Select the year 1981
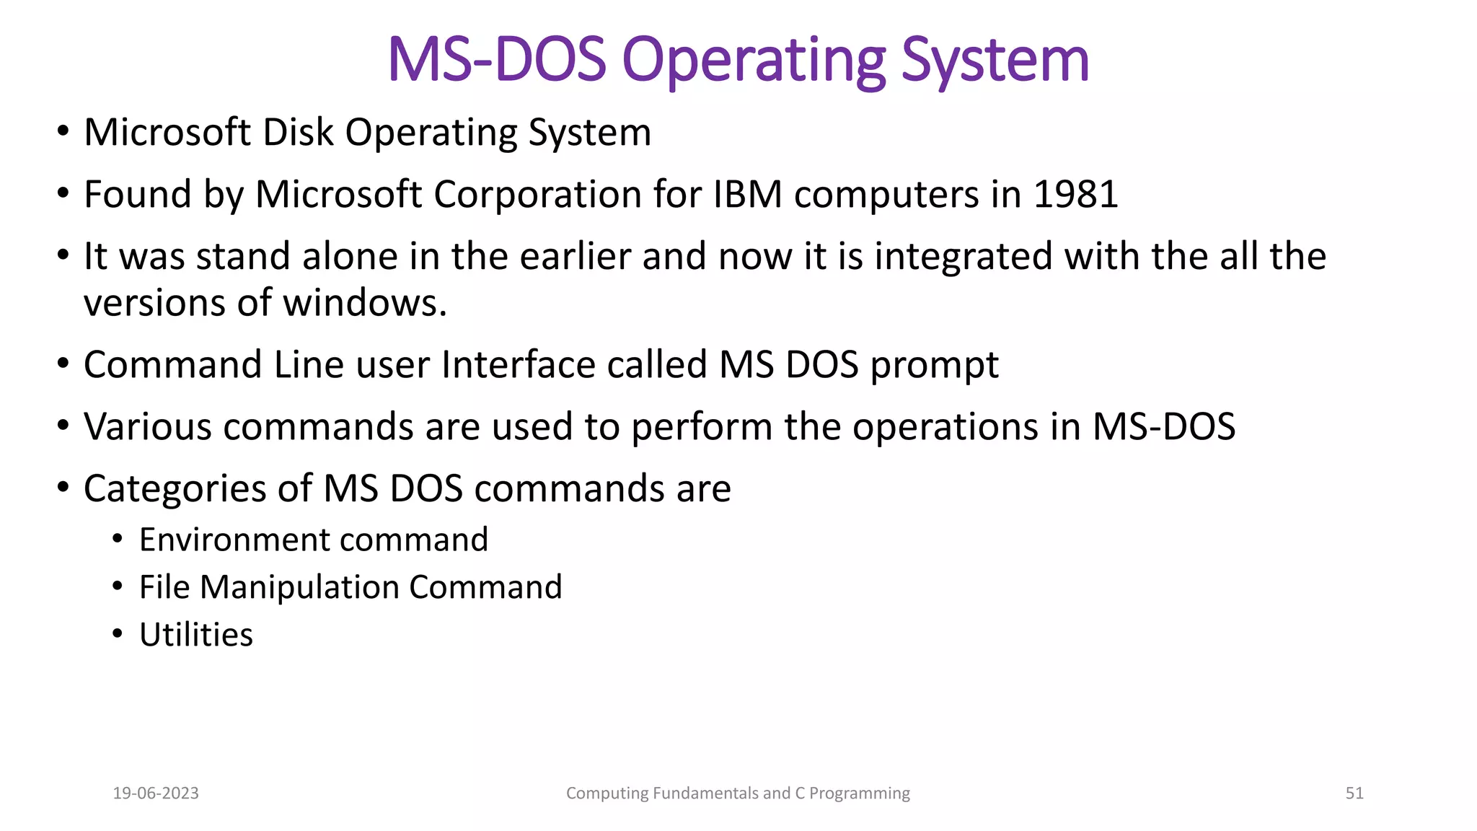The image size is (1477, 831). coord(1075,195)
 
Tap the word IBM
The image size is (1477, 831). coord(747,195)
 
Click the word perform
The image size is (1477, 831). coord(702,427)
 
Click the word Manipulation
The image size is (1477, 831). coord(299,588)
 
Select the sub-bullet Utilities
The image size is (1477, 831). coord(196,636)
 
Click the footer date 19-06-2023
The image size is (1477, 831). coord(156,793)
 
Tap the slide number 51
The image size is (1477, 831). coord(1354,793)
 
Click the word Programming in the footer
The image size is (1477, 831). coord(859,793)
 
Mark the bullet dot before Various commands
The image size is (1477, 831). coord(63,426)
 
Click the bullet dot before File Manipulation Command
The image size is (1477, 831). coord(118,586)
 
